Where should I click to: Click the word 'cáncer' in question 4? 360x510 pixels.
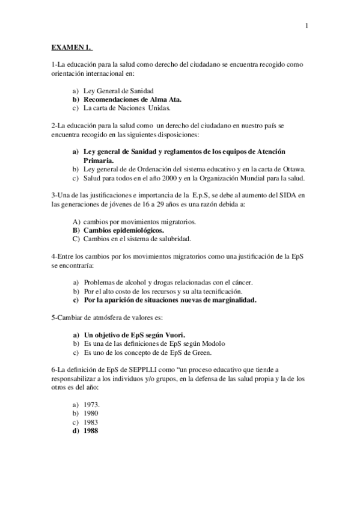coord(240,282)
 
